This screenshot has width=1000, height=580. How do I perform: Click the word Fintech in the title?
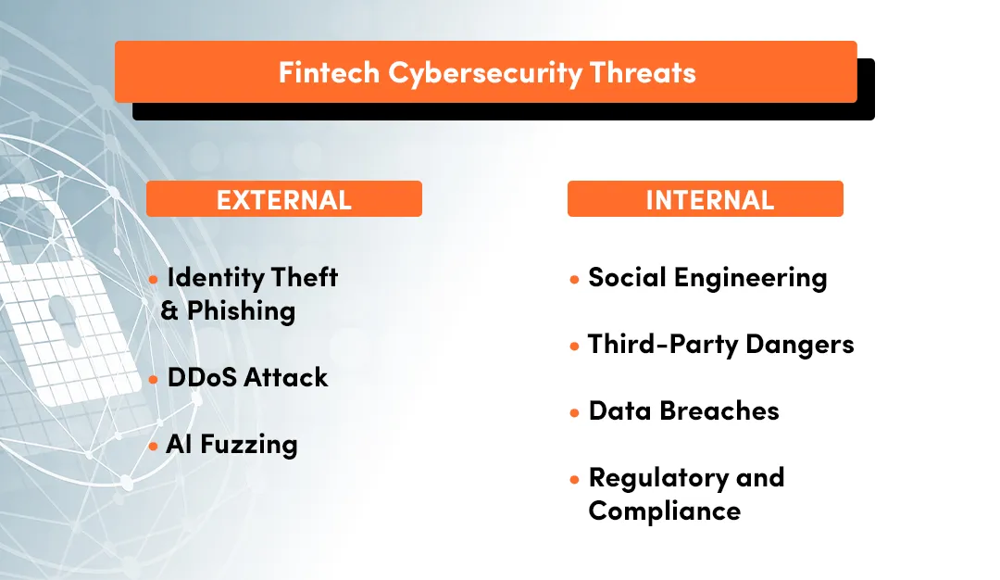[329, 72]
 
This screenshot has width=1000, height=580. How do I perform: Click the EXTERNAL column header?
[283, 199]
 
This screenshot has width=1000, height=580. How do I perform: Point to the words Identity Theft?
[252, 277]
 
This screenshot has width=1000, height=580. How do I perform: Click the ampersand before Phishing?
[170, 311]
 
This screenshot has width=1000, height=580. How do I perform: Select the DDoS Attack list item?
[247, 377]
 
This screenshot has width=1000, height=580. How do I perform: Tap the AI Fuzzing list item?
[231, 445]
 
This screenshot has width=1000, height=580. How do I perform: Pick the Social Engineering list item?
[707, 277]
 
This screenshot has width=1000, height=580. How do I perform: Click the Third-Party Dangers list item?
[720, 345]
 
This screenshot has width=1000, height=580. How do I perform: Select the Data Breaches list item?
[683, 411]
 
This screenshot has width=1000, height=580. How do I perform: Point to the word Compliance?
[664, 511]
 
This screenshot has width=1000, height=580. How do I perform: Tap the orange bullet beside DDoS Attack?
[154, 379]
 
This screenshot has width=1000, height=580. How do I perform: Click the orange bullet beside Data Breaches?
[575, 412]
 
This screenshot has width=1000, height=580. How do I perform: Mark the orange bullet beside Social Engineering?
[575, 279]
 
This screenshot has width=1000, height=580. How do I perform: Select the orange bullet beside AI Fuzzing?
[154, 446]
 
